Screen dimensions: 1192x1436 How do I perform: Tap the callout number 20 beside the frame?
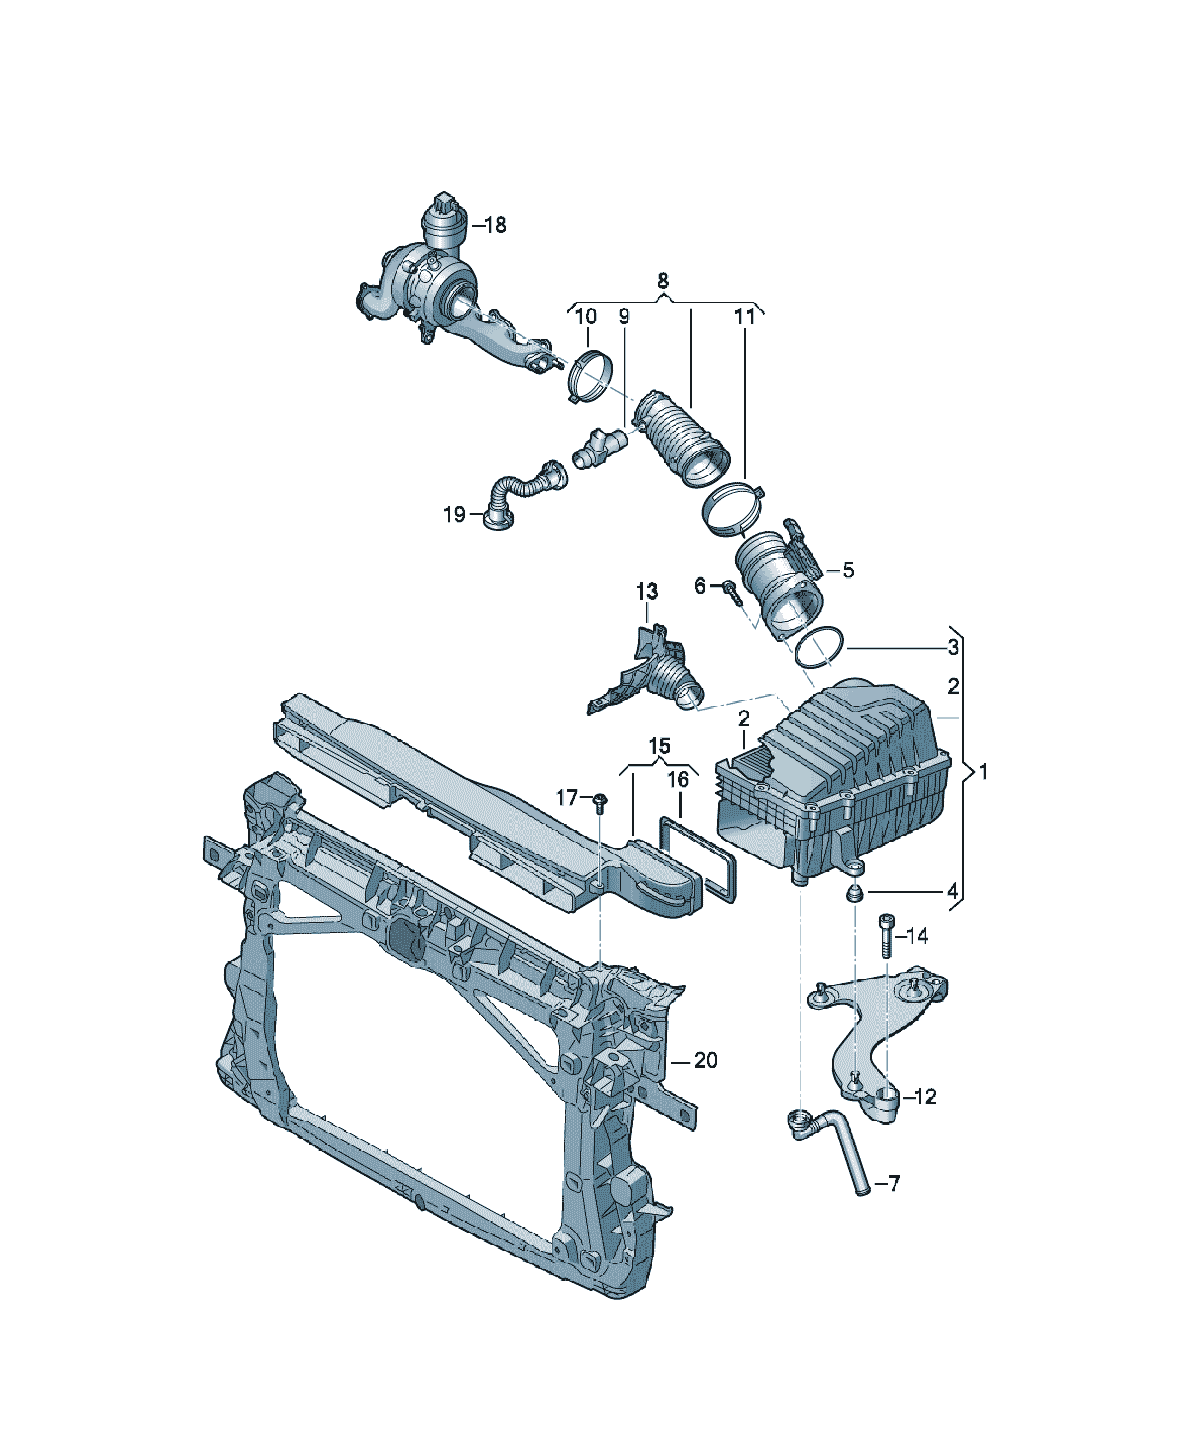[x=705, y=1060]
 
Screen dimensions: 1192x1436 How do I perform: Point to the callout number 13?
[x=646, y=591]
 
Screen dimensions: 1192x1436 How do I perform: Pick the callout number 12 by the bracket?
[x=926, y=1097]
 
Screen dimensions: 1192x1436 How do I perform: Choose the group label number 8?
[x=662, y=281]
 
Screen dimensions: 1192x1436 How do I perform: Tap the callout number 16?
[x=678, y=779]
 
